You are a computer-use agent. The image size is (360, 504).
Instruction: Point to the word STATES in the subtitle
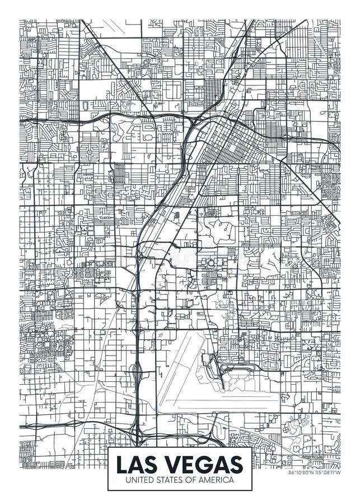171,480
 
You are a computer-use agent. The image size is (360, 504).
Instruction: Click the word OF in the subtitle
194,480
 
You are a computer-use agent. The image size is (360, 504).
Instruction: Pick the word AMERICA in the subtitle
218,480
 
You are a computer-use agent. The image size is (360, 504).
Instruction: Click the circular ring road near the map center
212,263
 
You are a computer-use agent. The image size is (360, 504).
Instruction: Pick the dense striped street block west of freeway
119,174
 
